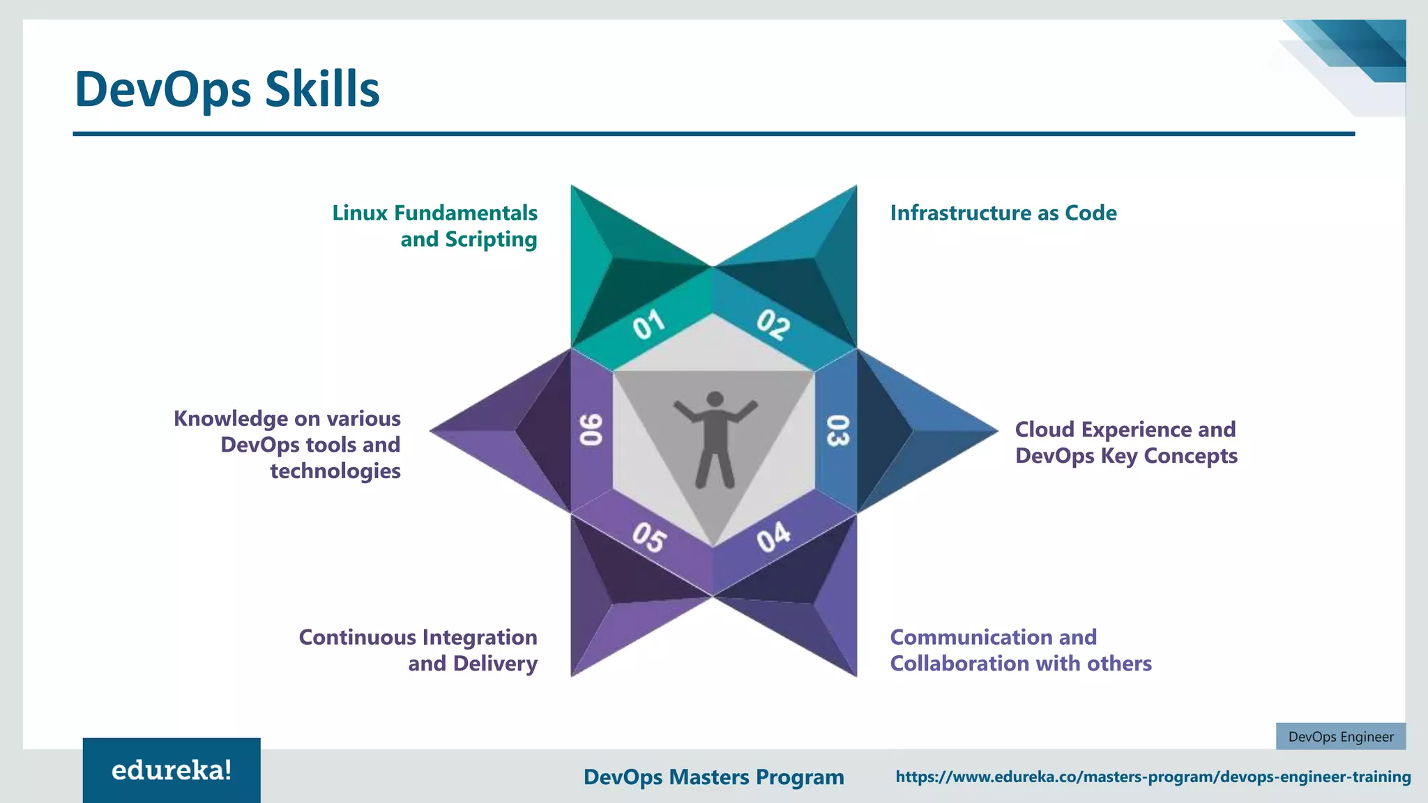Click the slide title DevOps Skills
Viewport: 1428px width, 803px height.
point(227,89)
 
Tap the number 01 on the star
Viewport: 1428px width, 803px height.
point(648,325)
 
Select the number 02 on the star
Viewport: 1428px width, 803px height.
point(773,324)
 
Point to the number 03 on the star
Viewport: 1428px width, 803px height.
point(837,430)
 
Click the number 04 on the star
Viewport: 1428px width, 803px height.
point(773,537)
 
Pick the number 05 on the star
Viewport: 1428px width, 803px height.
point(649,537)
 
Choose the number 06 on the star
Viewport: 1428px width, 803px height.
point(591,430)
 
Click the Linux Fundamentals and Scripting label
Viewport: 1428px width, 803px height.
point(434,226)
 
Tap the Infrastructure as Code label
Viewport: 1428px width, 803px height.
point(1003,213)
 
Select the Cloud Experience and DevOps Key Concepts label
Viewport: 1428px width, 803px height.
point(1125,443)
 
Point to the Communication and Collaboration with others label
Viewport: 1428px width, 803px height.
point(1020,650)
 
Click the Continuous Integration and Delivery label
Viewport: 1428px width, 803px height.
point(418,650)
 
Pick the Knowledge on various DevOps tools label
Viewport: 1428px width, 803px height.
point(287,445)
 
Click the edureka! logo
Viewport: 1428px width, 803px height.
point(172,770)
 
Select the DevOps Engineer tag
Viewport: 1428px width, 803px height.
point(1340,737)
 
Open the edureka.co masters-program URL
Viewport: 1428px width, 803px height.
point(1153,777)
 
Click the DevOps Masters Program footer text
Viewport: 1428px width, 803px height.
point(713,777)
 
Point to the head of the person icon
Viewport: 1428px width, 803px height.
point(715,399)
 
